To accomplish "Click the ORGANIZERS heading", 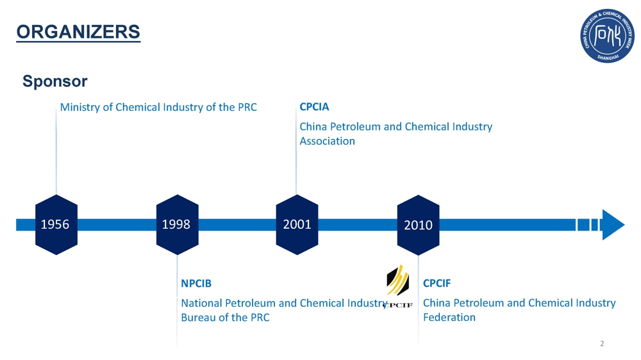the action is click(78, 32).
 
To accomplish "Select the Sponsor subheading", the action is click(54, 81).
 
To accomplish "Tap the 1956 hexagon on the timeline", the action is click(56, 224).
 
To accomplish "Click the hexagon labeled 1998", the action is click(177, 224).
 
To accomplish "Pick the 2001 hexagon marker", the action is click(297, 224).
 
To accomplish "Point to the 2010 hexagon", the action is click(418, 225).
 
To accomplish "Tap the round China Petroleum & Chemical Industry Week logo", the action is click(607, 36).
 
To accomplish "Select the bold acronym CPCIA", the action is click(314, 107).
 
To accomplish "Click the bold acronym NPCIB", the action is click(196, 284).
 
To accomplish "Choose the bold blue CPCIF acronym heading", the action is click(437, 284).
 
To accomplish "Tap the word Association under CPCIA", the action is click(327, 141).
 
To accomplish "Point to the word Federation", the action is click(449, 318).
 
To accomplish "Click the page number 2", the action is click(602, 343).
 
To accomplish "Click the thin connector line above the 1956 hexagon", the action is click(56, 151).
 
